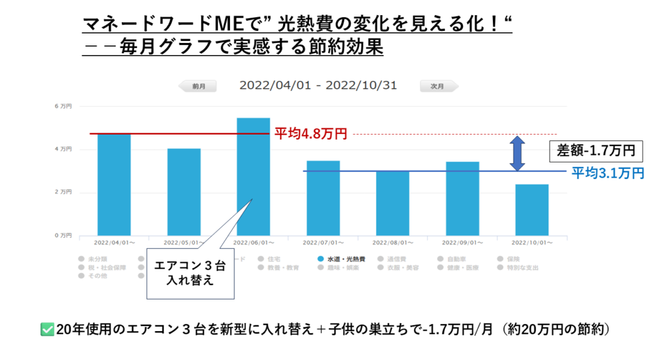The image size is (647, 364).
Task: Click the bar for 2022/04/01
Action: tap(114, 185)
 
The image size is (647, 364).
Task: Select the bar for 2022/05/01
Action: tap(184, 192)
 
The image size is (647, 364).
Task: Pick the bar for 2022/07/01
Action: tap(323, 198)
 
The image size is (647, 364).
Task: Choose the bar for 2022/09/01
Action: tap(462, 198)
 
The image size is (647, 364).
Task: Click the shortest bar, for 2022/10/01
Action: tap(531, 210)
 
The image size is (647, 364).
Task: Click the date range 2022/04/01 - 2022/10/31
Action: tap(318, 86)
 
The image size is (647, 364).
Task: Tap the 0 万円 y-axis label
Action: tap(63, 235)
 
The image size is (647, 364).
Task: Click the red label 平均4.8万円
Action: tap(310, 134)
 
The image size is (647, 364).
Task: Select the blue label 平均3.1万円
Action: tap(607, 172)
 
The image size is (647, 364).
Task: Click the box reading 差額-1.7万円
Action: tap(596, 152)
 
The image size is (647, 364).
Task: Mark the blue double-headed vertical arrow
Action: tap(517, 153)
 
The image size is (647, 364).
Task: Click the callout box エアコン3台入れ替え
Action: tap(190, 274)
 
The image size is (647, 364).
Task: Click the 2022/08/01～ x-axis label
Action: tap(393, 243)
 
